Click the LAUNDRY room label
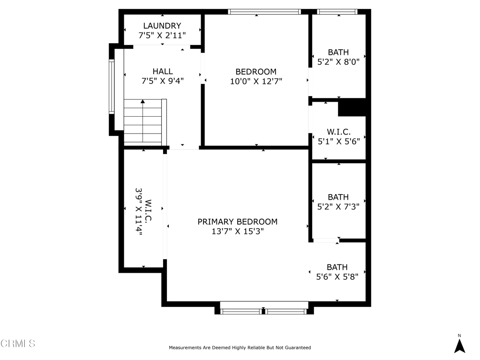pyautogui.click(x=162, y=26)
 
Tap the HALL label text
pyautogui.click(x=163, y=71)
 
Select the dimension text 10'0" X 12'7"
pyautogui.click(x=256, y=81)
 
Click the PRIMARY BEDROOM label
pyautogui.click(x=238, y=222)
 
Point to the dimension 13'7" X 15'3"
pyautogui.click(x=238, y=231)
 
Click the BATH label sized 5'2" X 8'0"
pyautogui.click(x=338, y=52)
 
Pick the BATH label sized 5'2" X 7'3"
pyautogui.click(x=338, y=197)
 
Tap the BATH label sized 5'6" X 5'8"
pyautogui.click(x=337, y=267)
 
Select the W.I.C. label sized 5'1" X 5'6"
pyautogui.click(x=338, y=132)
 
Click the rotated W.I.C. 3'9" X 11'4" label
pyautogui.click(x=143, y=211)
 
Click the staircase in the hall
pyautogui.click(x=145, y=122)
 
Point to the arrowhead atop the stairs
pyautogui.click(x=142, y=101)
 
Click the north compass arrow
pyautogui.click(x=459, y=346)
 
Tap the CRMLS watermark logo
pyautogui.click(x=18, y=344)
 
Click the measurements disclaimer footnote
pyautogui.click(x=240, y=347)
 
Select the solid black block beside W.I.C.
pyautogui.click(x=352, y=107)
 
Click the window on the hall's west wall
pyautogui.click(x=112, y=87)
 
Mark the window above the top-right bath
pyautogui.click(x=337, y=12)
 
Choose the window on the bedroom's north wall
pyautogui.click(x=264, y=12)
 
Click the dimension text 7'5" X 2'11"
pyautogui.click(x=162, y=36)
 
